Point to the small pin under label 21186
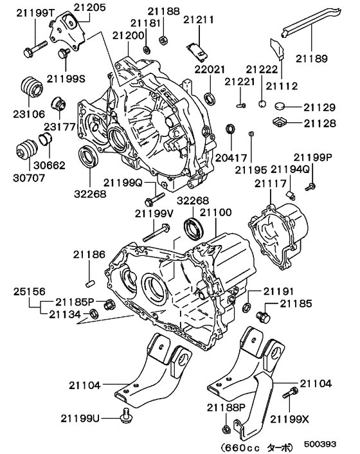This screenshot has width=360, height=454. [91, 279]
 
